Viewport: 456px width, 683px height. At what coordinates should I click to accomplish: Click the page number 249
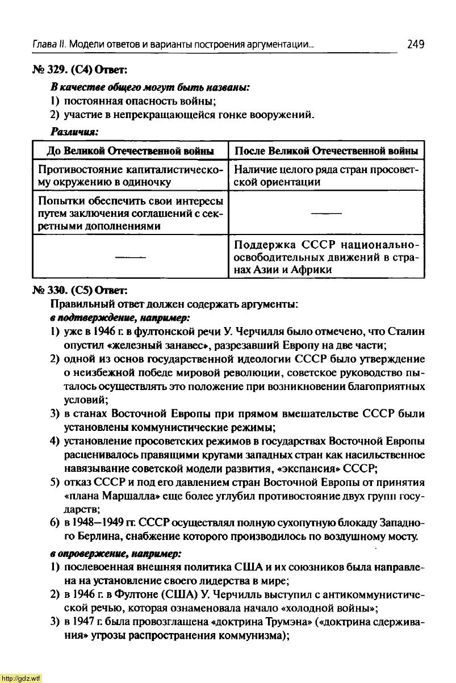tap(416, 44)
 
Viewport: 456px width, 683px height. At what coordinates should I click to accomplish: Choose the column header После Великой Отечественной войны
tap(327, 151)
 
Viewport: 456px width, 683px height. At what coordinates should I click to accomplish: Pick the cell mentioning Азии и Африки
tap(327, 257)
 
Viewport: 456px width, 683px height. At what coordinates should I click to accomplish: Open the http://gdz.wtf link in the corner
tap(21, 678)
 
